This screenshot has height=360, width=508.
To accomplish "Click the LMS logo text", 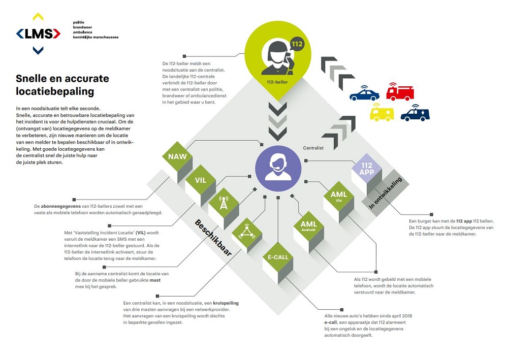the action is point(38,34).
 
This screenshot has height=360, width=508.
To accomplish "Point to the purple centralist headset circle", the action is point(278,169).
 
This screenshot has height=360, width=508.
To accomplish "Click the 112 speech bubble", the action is point(297,44).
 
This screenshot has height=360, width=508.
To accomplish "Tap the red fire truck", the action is point(400,91).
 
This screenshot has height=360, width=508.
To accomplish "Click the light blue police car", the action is point(364,93).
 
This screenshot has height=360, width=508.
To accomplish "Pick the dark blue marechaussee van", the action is point(415,113).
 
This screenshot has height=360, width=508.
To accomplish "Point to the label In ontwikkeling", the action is point(386,193).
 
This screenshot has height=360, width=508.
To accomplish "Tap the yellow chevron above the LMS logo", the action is point(38,17).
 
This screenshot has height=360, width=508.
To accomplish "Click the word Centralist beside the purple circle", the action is point(313,148).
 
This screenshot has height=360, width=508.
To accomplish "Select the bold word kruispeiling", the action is point(226,303).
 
